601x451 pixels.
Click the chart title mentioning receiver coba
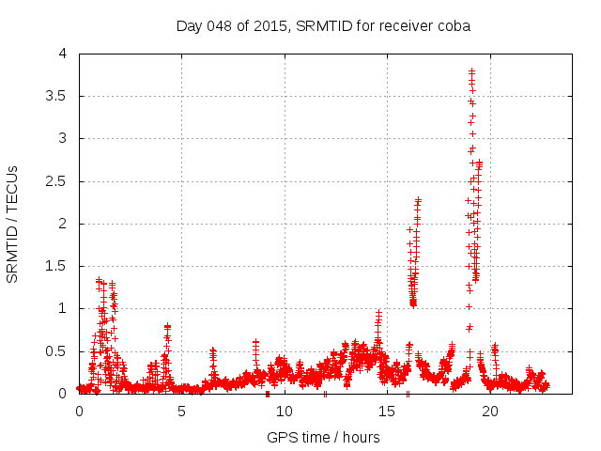[x=323, y=25]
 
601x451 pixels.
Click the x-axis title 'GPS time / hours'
[x=323, y=437]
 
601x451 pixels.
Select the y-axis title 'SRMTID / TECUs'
[x=13, y=225]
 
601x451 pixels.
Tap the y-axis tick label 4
[x=63, y=54]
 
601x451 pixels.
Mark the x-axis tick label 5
[x=181, y=411]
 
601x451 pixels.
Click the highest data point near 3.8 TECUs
[x=471, y=70]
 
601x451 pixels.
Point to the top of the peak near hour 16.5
[x=418, y=199]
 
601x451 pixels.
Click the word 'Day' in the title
[x=190, y=25]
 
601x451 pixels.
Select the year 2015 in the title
[x=270, y=25]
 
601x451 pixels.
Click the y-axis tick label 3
[x=63, y=138]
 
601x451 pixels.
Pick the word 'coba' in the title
[x=453, y=25]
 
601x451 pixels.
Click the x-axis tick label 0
[x=79, y=411]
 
